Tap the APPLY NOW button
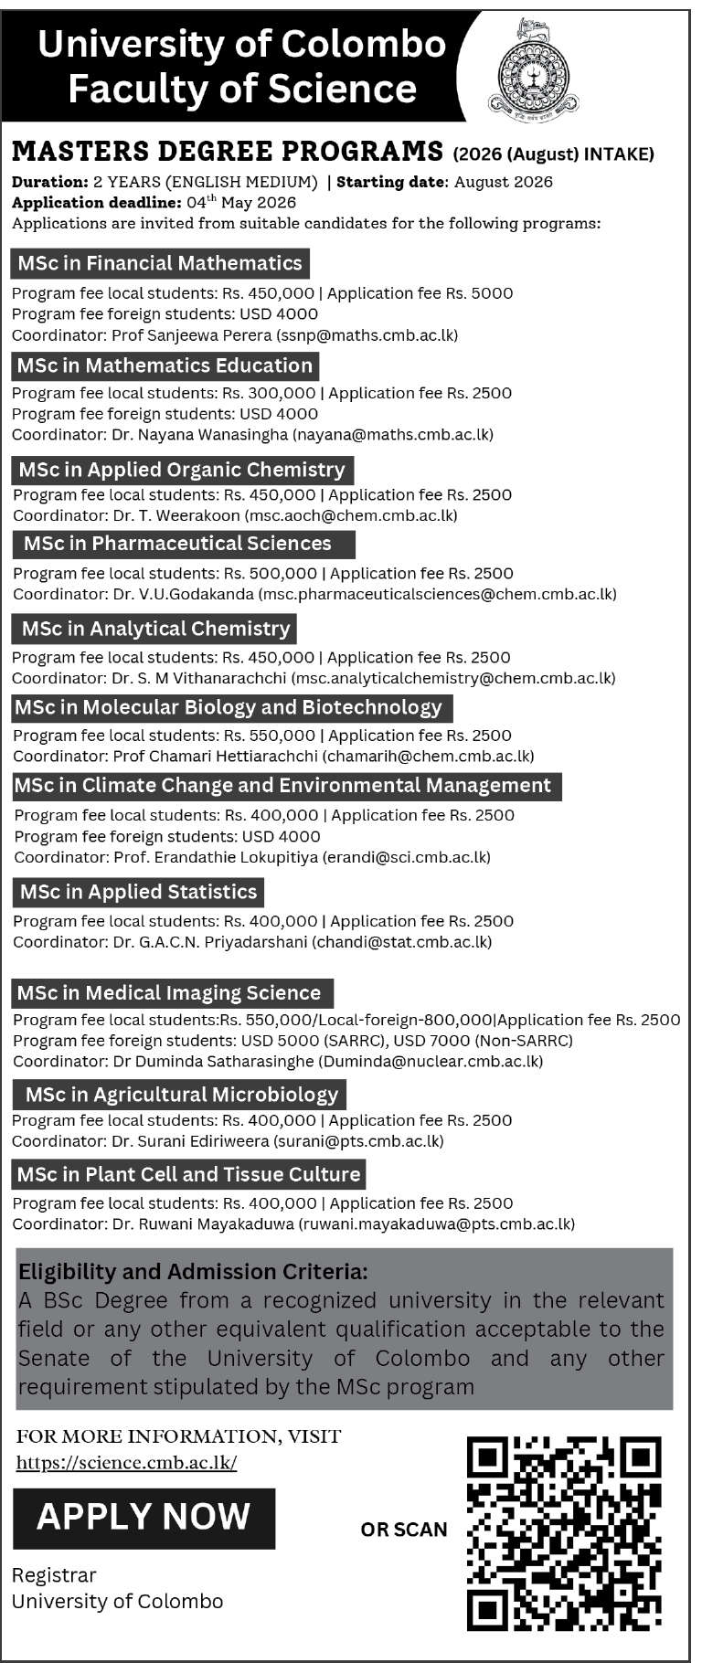144,1518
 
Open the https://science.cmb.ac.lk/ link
126,1462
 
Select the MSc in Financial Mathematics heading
160,263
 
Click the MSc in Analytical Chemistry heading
154,629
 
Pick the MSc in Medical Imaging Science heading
170,993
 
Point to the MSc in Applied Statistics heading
138,892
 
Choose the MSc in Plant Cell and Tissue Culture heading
189,1174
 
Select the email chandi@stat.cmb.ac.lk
402,941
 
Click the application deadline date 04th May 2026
241,202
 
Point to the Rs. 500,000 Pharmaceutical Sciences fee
271,574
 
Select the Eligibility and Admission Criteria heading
193,1272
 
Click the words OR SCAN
404,1530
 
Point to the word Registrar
54,1575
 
